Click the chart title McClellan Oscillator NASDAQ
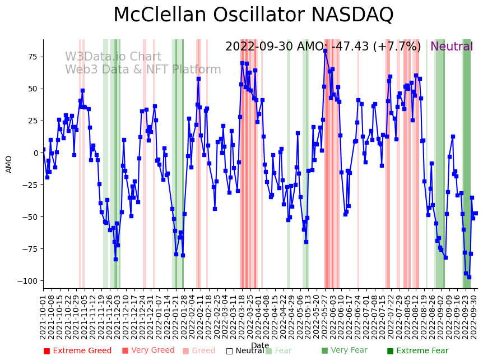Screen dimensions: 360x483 point(253,15)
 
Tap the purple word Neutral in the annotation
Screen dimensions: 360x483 point(452,47)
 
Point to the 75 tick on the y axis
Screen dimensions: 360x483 point(32,57)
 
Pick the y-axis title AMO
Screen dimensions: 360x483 point(9,164)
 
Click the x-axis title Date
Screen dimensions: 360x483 point(260,346)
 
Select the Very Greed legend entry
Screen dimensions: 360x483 point(148,351)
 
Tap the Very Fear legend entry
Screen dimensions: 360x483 point(345,351)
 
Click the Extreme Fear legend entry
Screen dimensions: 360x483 point(417,351)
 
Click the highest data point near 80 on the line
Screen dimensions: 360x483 point(325,51)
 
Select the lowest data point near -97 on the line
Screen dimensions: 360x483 point(469,277)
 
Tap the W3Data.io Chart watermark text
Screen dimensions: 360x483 point(113,57)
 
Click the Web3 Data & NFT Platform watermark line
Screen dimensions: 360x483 point(143,70)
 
